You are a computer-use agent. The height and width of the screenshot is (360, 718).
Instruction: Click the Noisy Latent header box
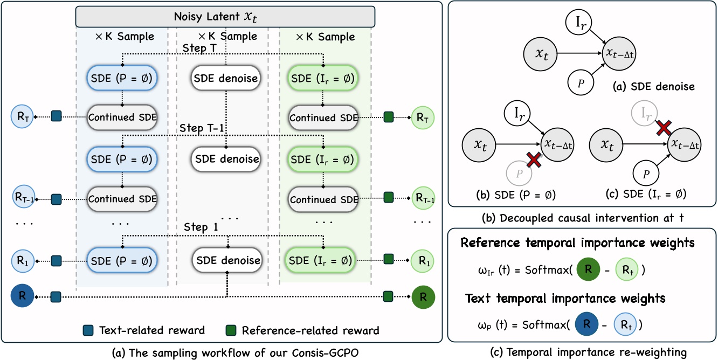tap(224, 16)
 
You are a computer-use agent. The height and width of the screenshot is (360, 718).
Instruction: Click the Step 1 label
tap(201, 227)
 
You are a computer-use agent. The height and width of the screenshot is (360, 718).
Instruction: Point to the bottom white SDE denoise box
tap(226, 260)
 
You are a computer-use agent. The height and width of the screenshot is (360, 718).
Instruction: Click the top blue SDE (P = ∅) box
tap(122, 78)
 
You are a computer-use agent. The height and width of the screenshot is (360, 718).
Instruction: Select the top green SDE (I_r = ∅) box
tap(322, 78)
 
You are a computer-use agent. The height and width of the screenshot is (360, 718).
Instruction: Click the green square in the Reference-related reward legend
tap(231, 330)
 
